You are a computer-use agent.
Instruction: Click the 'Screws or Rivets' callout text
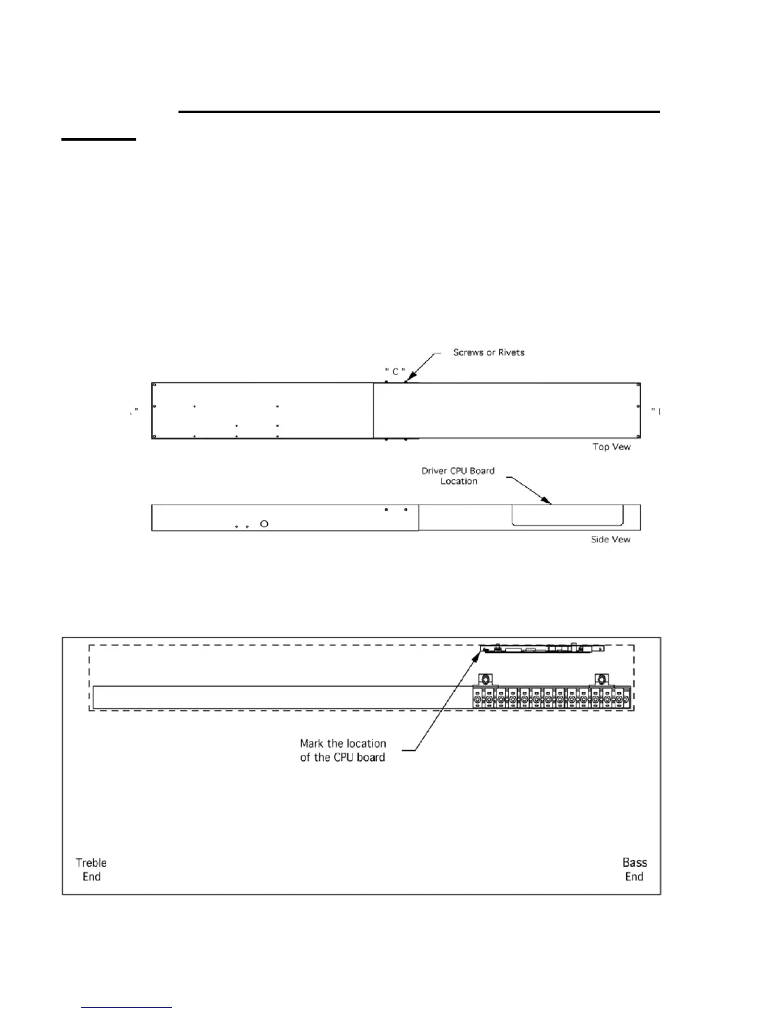point(489,352)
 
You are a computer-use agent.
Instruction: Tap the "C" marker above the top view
point(395,371)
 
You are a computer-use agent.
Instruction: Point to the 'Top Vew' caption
point(611,447)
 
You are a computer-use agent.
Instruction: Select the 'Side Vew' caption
point(610,540)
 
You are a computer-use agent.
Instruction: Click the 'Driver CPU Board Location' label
point(458,476)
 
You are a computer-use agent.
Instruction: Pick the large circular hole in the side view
point(264,524)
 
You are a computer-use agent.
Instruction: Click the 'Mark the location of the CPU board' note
point(343,750)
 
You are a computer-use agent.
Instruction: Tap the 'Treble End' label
point(91,870)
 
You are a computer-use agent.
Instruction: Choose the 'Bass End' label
point(635,870)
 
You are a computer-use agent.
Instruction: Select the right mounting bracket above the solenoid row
point(600,679)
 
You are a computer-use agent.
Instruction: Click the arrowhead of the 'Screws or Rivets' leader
point(407,379)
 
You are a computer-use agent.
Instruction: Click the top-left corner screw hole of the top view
point(154,385)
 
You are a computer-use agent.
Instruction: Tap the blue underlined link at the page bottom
point(127,1008)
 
